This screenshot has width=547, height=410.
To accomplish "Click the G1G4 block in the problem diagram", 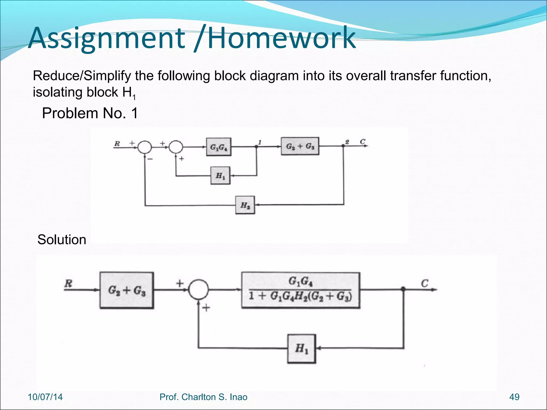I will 219,147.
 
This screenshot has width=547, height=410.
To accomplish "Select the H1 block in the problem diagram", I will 220,176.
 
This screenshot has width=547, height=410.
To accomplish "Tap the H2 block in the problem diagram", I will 245,205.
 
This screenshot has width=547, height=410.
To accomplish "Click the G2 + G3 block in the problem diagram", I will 300,146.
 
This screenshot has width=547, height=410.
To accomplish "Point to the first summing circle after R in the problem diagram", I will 144,147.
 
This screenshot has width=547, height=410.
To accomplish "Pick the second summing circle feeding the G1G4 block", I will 176,147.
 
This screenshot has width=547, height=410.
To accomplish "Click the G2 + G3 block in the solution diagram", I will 127,290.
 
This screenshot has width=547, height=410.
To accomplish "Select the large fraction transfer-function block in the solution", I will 300,290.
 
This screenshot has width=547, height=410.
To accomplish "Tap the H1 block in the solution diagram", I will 302,349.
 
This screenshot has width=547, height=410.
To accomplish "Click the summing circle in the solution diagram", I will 198,289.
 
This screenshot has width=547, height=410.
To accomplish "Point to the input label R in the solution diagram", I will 68,283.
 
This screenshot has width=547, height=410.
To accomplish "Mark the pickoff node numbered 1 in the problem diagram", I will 256,147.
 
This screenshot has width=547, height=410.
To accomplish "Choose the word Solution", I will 62,239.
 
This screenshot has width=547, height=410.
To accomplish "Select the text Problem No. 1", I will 90,113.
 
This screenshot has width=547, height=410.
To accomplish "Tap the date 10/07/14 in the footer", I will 45,397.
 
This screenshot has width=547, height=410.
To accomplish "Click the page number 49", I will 514,397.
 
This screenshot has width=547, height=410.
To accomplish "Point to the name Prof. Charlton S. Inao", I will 203,397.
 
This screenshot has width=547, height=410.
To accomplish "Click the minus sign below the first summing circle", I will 150,159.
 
